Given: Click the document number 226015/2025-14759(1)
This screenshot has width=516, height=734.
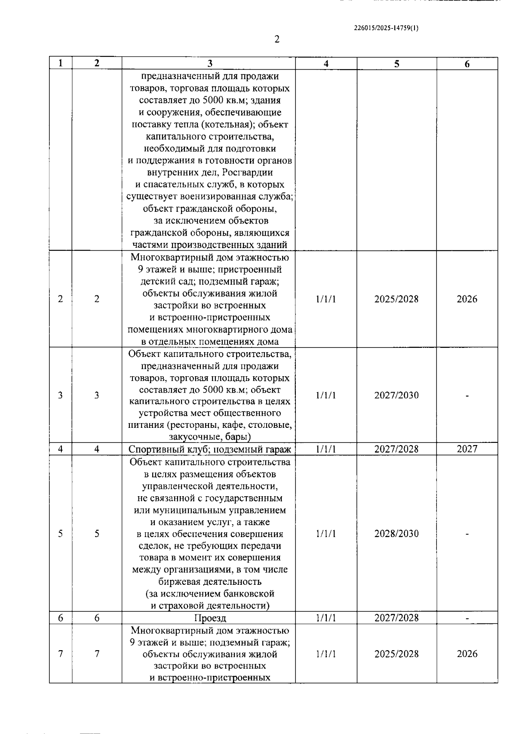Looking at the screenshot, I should tap(386, 28).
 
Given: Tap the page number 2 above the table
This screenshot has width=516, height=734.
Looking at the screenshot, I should tap(277, 40).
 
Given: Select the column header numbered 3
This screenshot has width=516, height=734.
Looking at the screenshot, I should tap(209, 64).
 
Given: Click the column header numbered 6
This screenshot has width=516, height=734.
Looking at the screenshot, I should tap(467, 64).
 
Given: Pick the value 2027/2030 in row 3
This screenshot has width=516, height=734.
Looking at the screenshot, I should tap(396, 395).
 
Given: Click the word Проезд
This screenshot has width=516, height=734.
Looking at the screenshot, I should tap(210, 618).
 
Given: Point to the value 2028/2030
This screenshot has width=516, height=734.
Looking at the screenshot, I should tap(396, 534).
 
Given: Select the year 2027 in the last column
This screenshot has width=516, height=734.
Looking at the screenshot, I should tap(467, 449).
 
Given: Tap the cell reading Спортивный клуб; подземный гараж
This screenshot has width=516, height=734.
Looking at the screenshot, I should tap(210, 449).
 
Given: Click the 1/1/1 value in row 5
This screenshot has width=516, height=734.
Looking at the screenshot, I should tap(326, 534).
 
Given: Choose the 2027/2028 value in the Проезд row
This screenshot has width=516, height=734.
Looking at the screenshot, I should tap(396, 618).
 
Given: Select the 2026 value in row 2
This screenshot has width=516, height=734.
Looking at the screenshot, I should tap(467, 299).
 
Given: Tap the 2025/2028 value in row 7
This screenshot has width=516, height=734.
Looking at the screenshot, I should tap(396, 654).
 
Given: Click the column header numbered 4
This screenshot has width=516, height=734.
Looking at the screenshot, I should tap(326, 64).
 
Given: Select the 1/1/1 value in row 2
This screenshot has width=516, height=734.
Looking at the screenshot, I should tap(326, 299).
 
